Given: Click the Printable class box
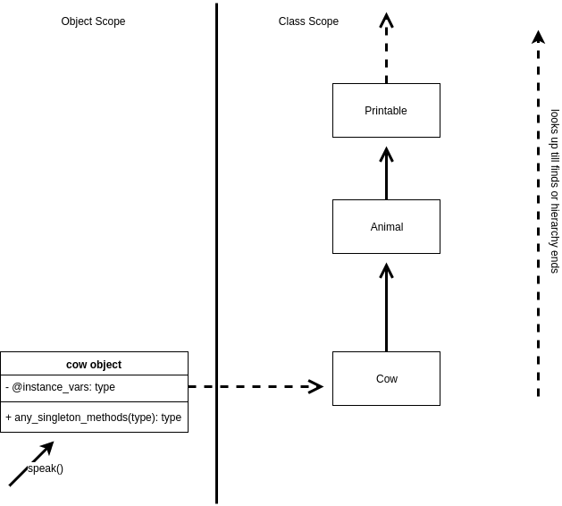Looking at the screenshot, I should [386, 110].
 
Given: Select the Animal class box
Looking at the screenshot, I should [386, 226].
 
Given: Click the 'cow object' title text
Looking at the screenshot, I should [94, 365].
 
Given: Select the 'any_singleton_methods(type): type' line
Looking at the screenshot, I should [94, 417].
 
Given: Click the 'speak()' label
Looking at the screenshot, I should [46, 468].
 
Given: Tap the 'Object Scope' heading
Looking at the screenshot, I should [93, 21].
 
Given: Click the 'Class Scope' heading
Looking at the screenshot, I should [308, 21].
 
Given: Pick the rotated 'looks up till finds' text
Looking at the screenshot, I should [555, 190].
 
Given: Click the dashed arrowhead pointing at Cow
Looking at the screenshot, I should [316, 387].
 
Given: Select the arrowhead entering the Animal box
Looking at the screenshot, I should [386, 270].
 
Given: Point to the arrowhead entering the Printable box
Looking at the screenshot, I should [386, 154].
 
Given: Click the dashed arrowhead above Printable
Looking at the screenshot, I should [386, 20].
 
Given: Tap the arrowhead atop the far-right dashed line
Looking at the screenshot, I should [538, 37].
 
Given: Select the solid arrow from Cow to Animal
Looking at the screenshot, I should [386, 313].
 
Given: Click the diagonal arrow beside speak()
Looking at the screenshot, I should [30, 465].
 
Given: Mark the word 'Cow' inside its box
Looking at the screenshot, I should [387, 379].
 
